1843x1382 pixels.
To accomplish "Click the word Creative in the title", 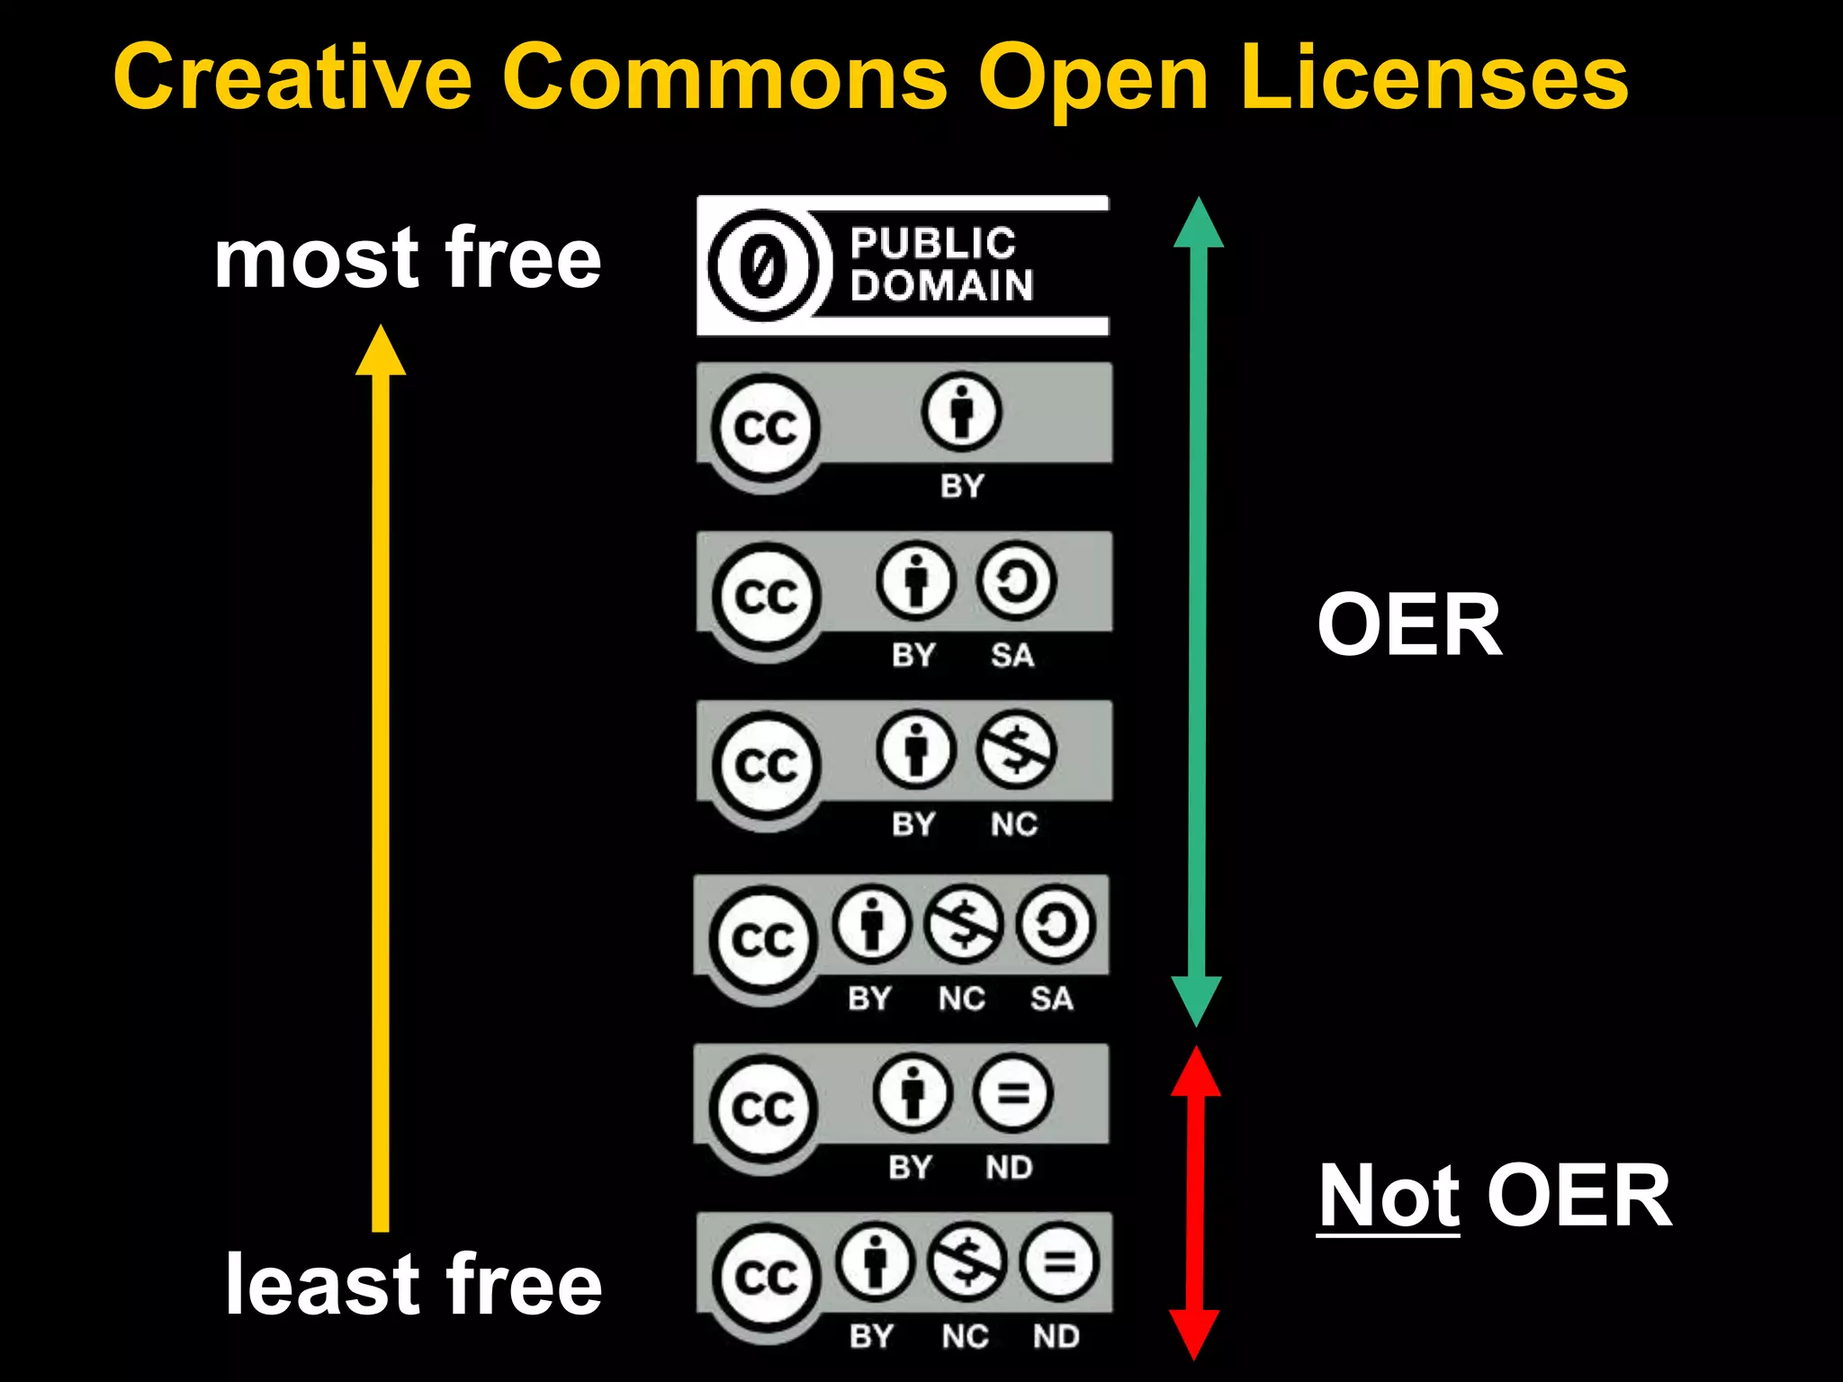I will pyautogui.click(x=292, y=78).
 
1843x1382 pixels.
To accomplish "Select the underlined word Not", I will pyautogui.click(x=1388, y=1196).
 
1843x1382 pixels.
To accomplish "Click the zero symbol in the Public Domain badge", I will pyautogui.click(x=764, y=265).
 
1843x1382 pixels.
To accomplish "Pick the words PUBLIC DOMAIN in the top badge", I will pyautogui.click(x=940, y=265).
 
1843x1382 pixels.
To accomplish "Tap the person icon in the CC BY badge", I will pyautogui.click(x=961, y=412).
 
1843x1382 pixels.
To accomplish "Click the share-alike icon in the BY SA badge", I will pyautogui.click(x=1016, y=581).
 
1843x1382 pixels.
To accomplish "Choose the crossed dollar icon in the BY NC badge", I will pyautogui.click(x=1016, y=749).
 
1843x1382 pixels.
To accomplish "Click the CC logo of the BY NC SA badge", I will pyautogui.click(x=764, y=939).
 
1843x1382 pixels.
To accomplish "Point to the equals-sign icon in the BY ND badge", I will pyautogui.click(x=1012, y=1093).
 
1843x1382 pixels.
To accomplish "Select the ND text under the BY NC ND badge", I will pyautogui.click(x=1056, y=1336).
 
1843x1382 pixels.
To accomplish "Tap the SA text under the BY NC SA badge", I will pyautogui.click(x=1051, y=999).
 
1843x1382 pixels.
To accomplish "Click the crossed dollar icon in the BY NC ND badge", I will pyautogui.click(x=967, y=1261).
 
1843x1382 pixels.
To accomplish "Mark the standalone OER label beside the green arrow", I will pyautogui.click(x=1409, y=624).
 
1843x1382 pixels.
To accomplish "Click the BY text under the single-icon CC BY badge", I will pyautogui.click(x=962, y=486).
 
